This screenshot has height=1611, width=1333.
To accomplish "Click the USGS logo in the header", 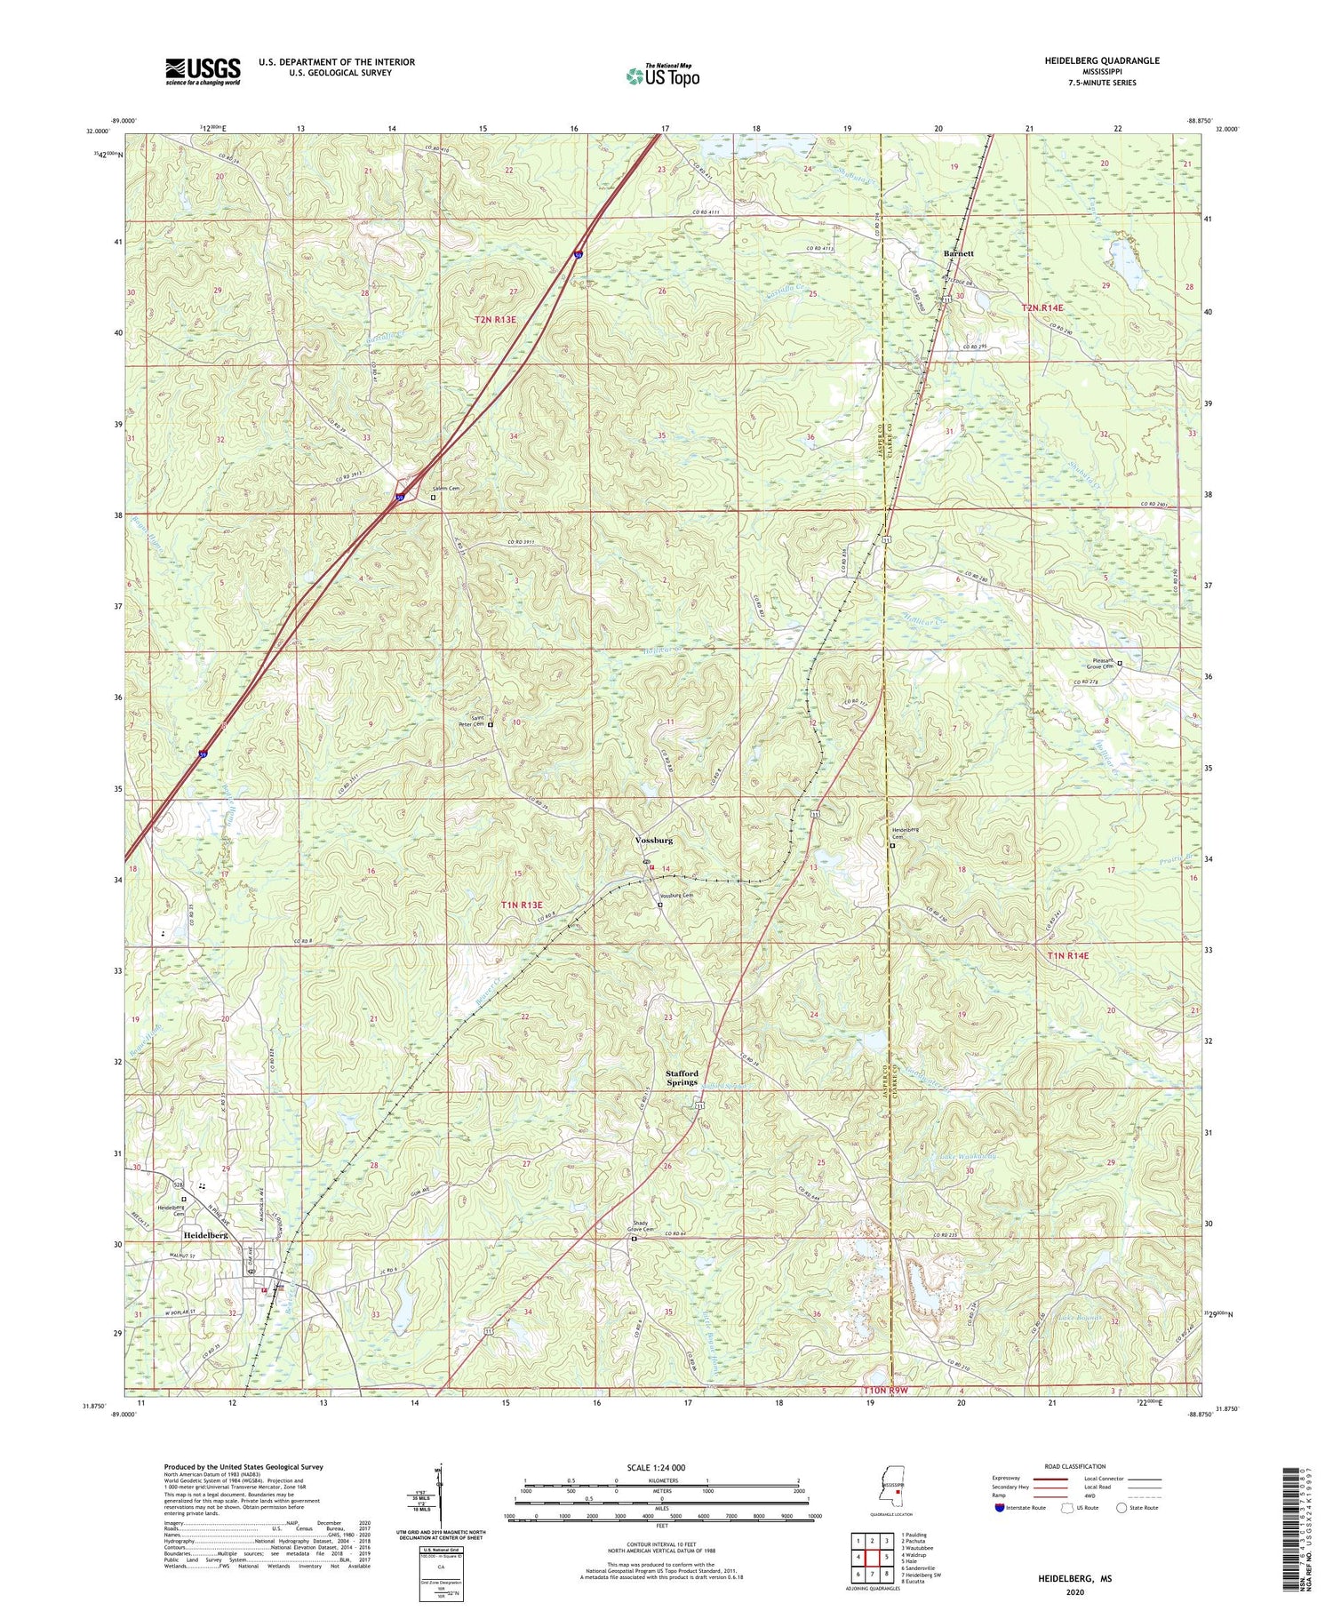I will (x=203, y=71).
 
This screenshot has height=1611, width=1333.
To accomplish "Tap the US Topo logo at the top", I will (x=662, y=76).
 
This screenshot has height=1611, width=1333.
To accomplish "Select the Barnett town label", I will (x=959, y=253).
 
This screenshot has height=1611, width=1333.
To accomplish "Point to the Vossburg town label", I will (x=654, y=840).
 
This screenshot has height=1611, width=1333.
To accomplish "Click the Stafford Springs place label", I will (x=682, y=1078).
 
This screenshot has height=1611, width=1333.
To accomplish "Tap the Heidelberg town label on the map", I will (x=205, y=1236).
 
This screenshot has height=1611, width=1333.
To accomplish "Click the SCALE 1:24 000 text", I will (x=653, y=1467).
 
